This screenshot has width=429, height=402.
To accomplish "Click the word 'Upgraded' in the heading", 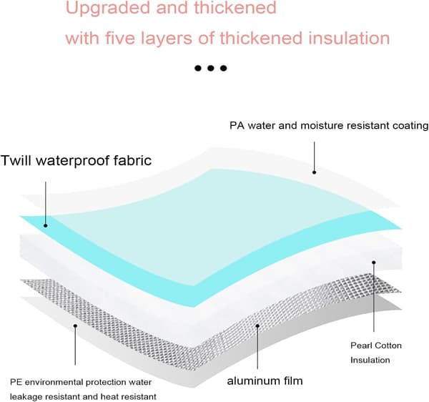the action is pyautogui.click(x=108, y=8).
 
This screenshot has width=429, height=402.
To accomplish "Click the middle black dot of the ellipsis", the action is pyautogui.click(x=210, y=68).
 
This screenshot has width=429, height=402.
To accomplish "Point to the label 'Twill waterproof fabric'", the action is pyautogui.click(x=76, y=160).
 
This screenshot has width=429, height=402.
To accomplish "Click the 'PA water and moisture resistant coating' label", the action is pyautogui.click(x=329, y=126).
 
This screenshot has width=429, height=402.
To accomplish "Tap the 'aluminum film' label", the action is pyautogui.click(x=265, y=381).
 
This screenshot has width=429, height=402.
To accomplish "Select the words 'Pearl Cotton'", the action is pyautogui.click(x=376, y=345).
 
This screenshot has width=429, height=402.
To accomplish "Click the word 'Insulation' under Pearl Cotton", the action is pyautogui.click(x=370, y=360).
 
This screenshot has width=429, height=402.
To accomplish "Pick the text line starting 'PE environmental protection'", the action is pyautogui.click(x=81, y=382).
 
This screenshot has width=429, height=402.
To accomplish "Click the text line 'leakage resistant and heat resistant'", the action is pyautogui.click(x=83, y=396).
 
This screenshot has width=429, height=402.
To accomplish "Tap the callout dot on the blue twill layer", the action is pyautogui.click(x=46, y=225).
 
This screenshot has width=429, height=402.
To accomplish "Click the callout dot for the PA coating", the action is pyautogui.click(x=315, y=172).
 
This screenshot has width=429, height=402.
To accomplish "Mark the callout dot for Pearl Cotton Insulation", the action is pyautogui.click(x=374, y=263).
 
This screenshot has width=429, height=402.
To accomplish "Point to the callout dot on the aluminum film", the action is pyautogui.click(x=257, y=325).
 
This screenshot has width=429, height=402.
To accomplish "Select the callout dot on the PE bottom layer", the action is pyautogui.click(x=75, y=325).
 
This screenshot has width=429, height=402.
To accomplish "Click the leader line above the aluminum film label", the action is pyautogui.click(x=257, y=348).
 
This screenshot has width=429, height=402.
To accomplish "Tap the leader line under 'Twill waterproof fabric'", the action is pyautogui.click(x=46, y=203).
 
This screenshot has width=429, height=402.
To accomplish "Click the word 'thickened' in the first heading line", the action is pyautogui.click(x=235, y=8).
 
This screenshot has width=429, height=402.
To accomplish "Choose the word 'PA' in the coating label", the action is pyautogui.click(x=237, y=126).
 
